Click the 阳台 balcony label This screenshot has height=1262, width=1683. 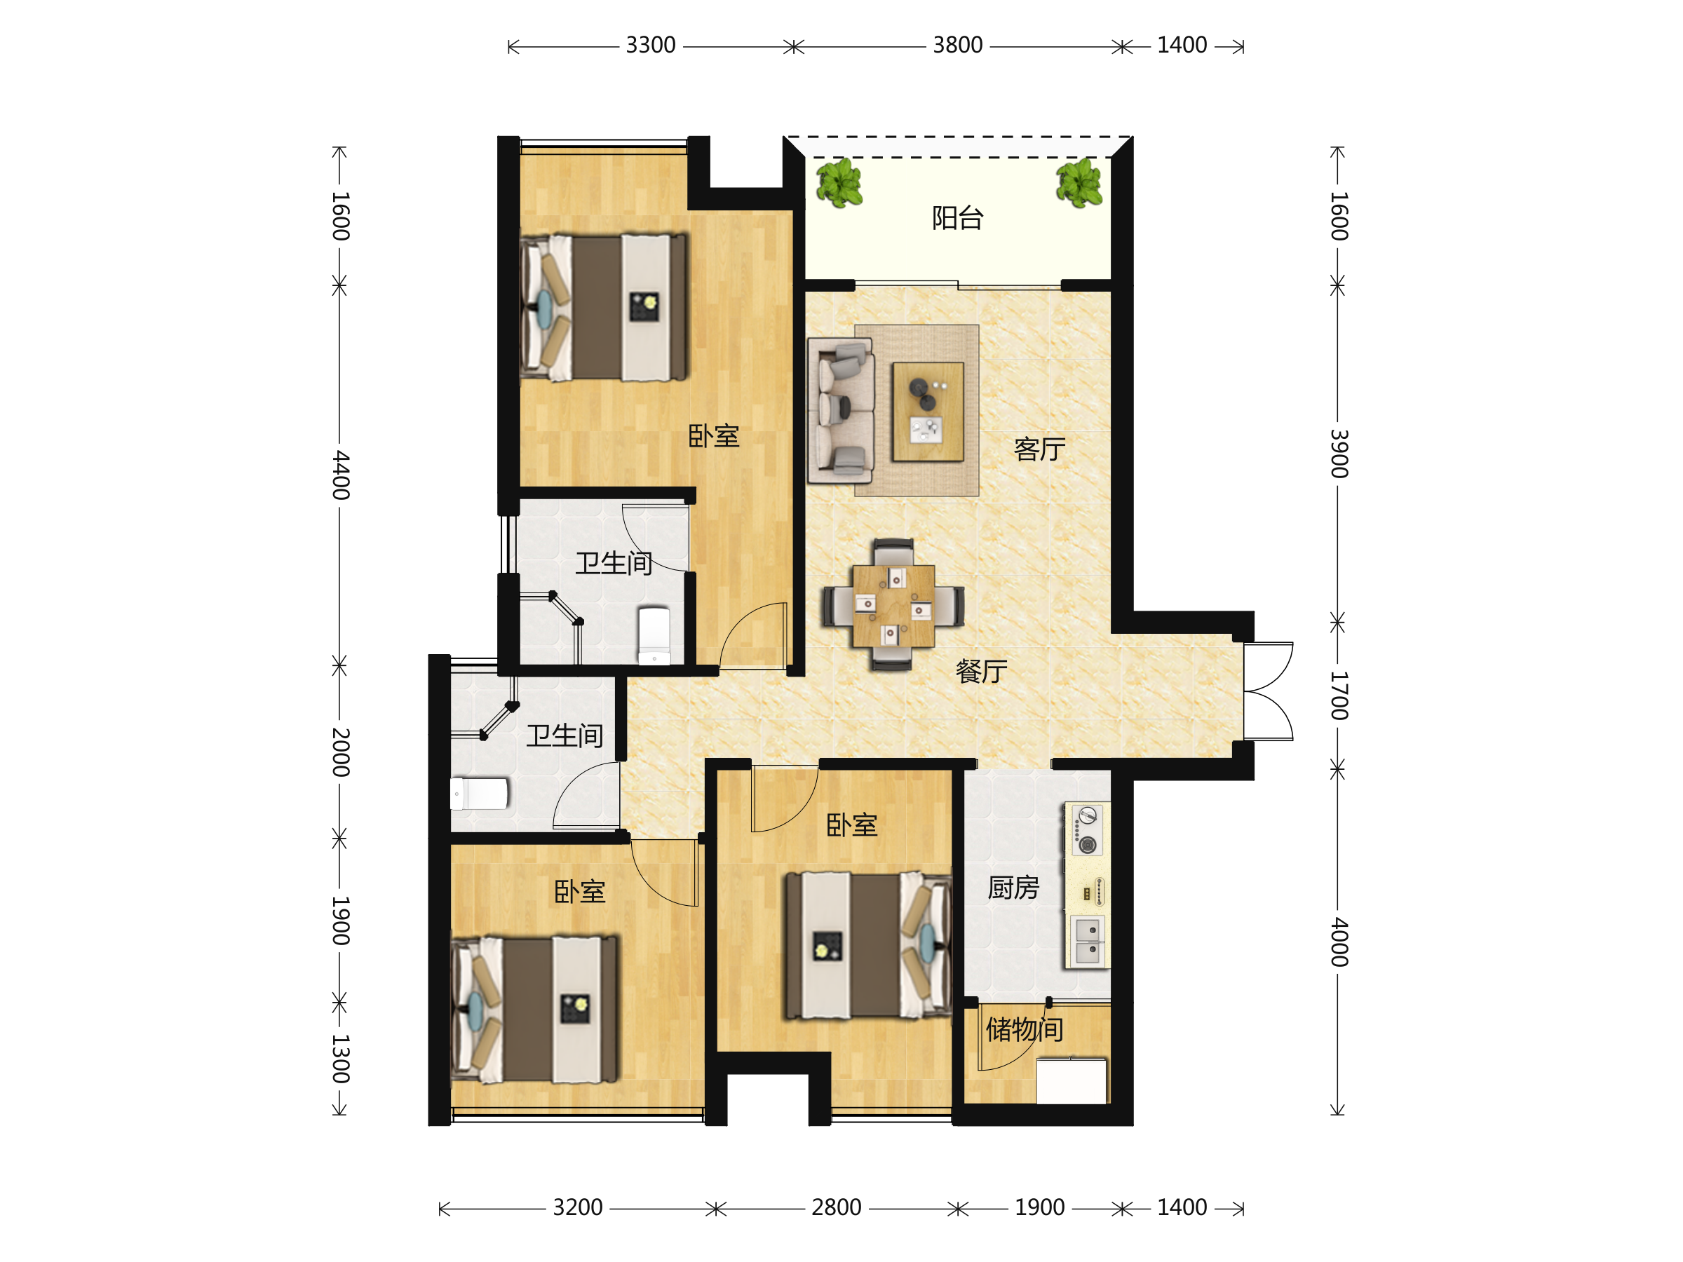pos(958,218)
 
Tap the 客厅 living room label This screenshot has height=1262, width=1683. pos(1039,449)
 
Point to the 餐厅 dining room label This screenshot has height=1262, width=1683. pos(982,671)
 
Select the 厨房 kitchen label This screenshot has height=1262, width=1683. pos(1013,888)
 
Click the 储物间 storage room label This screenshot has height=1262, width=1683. pos(1025,1029)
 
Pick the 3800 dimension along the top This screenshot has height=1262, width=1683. pos(958,46)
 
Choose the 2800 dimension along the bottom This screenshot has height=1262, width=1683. pos(836,1207)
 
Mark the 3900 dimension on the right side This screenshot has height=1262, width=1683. pos(1338,454)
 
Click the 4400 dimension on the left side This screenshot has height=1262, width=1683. pos(341,475)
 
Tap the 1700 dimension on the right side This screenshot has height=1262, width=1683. pos(1338,696)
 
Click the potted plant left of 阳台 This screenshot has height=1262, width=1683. pos(839,182)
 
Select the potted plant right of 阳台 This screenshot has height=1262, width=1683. pos(1079,182)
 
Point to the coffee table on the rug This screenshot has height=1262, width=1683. pos(928,412)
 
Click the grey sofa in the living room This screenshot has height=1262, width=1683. pos(841,411)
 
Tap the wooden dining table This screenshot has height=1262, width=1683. pos(894,606)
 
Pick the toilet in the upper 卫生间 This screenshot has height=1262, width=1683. pos(654,635)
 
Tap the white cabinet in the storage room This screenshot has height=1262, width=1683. pos(1072,1080)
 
